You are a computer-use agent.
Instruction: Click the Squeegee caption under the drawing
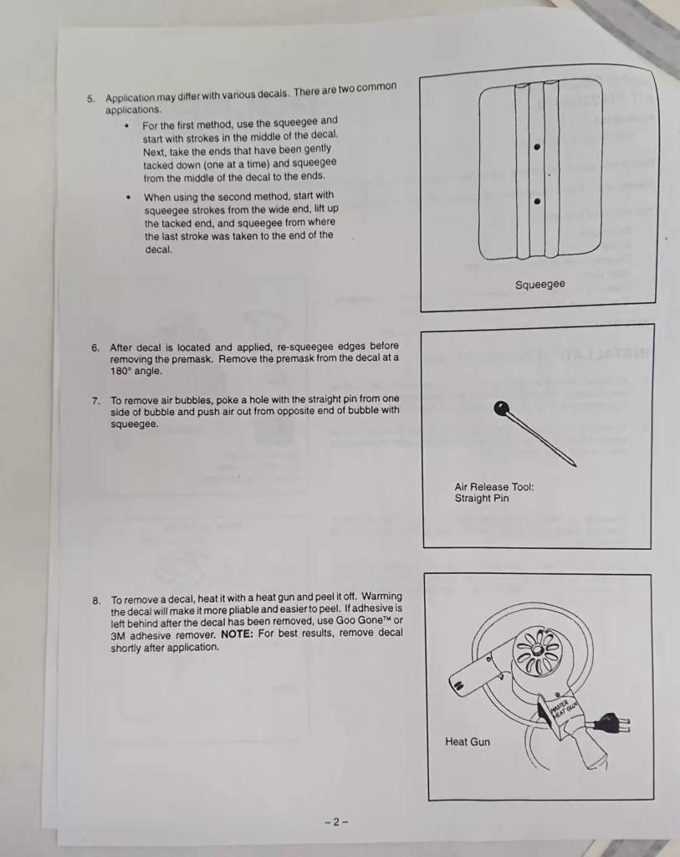pyautogui.click(x=539, y=285)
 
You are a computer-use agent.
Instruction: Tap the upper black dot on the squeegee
pyautogui.click(x=537, y=147)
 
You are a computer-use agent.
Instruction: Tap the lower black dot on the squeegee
pyautogui.click(x=538, y=201)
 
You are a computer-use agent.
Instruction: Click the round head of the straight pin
pyautogui.click(x=501, y=408)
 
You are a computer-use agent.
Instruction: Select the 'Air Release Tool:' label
pyautogui.click(x=494, y=486)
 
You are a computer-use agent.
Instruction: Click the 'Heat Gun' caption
pyautogui.click(x=468, y=742)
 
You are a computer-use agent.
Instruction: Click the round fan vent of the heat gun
pyautogui.click(x=538, y=650)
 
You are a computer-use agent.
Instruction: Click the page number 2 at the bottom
pyautogui.click(x=336, y=822)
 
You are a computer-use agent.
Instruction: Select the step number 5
pyautogui.click(x=90, y=99)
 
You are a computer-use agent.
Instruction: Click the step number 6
pyautogui.click(x=95, y=347)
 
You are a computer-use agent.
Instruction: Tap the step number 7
pyautogui.click(x=96, y=401)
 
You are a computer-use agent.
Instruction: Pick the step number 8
pyautogui.click(x=97, y=601)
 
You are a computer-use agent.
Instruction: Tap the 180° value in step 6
pyautogui.click(x=120, y=371)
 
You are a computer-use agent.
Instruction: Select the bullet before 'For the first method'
pyautogui.click(x=126, y=126)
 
